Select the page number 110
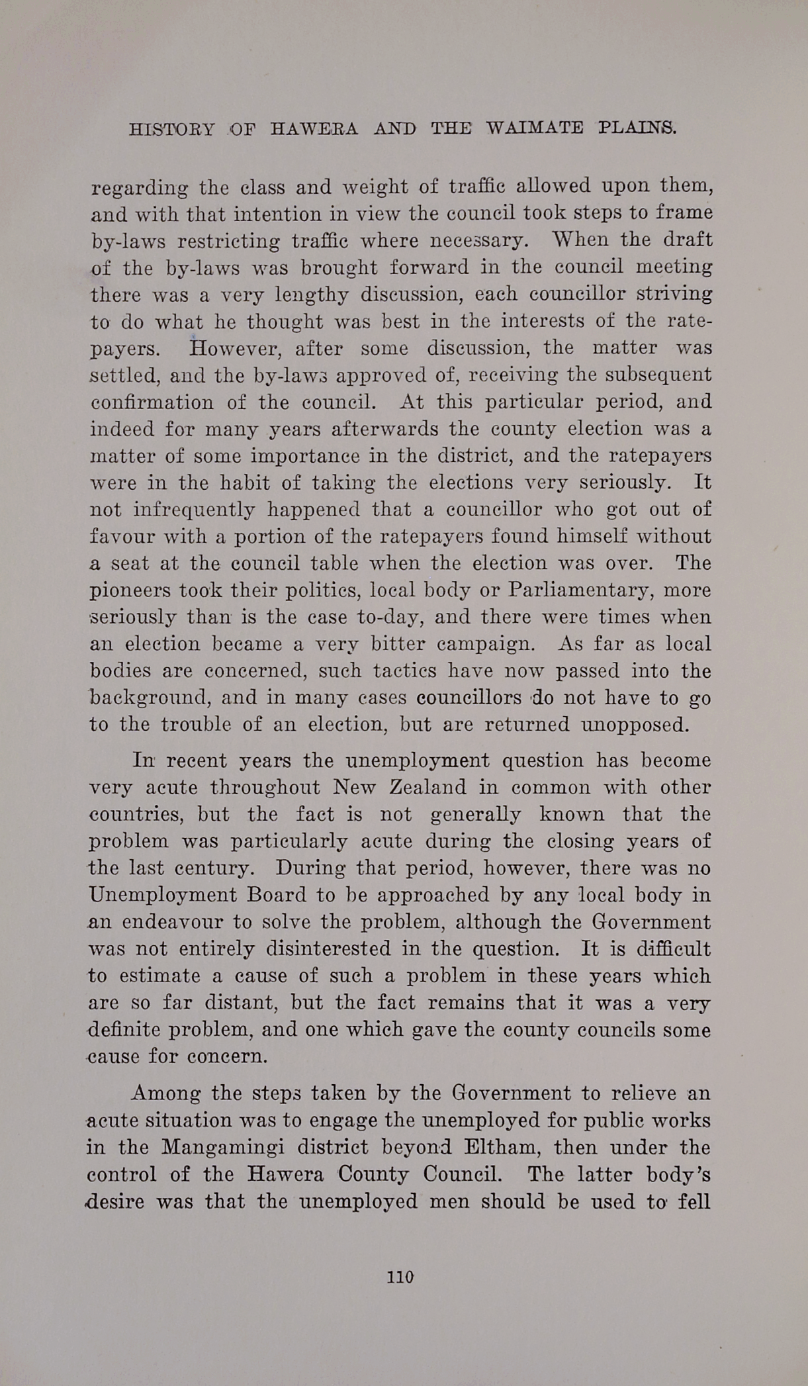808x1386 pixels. click(400, 1277)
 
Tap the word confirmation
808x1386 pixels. click(153, 402)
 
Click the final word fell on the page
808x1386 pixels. click(694, 1201)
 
